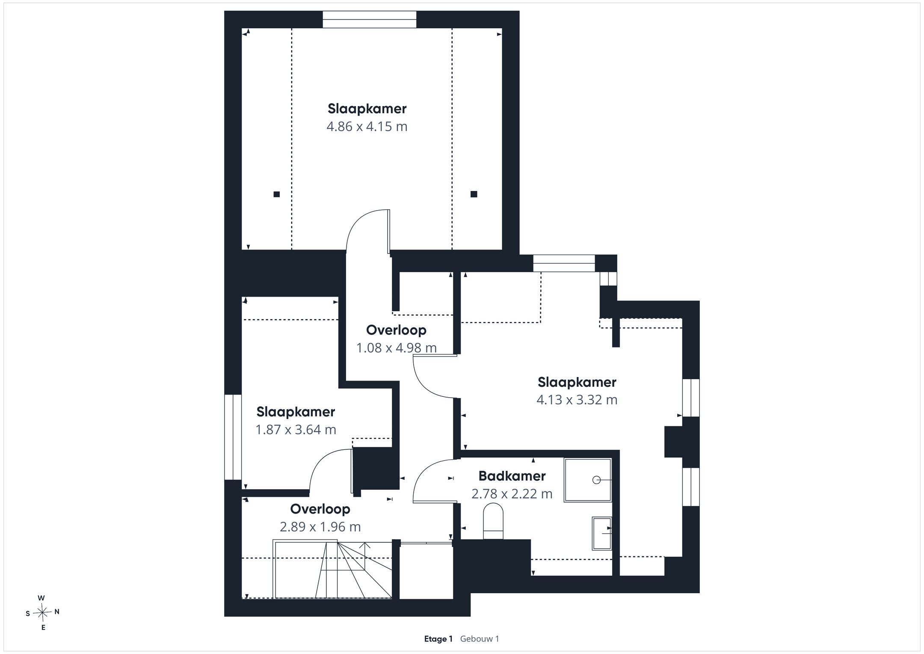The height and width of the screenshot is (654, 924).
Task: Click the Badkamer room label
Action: click(x=512, y=476)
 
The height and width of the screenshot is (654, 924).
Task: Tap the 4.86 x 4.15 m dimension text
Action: click(x=367, y=127)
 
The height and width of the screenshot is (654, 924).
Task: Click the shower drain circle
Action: click(x=596, y=480)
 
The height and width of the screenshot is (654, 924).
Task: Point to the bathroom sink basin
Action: click(x=602, y=533)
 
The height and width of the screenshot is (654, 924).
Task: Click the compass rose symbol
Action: click(x=42, y=613)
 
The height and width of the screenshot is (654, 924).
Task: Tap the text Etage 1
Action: click(x=438, y=639)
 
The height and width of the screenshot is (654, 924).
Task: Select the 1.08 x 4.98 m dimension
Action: click(x=397, y=348)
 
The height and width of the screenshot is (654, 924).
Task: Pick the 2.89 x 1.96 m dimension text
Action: click(x=320, y=527)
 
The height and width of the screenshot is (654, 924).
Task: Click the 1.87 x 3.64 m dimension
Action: click(x=296, y=430)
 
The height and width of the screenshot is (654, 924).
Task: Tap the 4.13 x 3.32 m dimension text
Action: click(x=577, y=400)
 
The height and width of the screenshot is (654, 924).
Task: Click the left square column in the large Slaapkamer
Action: click(x=277, y=194)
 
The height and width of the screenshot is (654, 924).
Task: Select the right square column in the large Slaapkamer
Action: click(x=474, y=194)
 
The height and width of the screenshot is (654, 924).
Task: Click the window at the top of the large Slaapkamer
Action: click(x=370, y=20)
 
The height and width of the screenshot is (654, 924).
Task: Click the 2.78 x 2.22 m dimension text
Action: click(x=512, y=494)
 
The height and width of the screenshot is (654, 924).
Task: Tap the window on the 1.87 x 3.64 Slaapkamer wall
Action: click(x=233, y=437)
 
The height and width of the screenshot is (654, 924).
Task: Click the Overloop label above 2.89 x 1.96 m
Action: click(x=320, y=509)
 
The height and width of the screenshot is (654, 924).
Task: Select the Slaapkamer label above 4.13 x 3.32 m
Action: click(x=577, y=382)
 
